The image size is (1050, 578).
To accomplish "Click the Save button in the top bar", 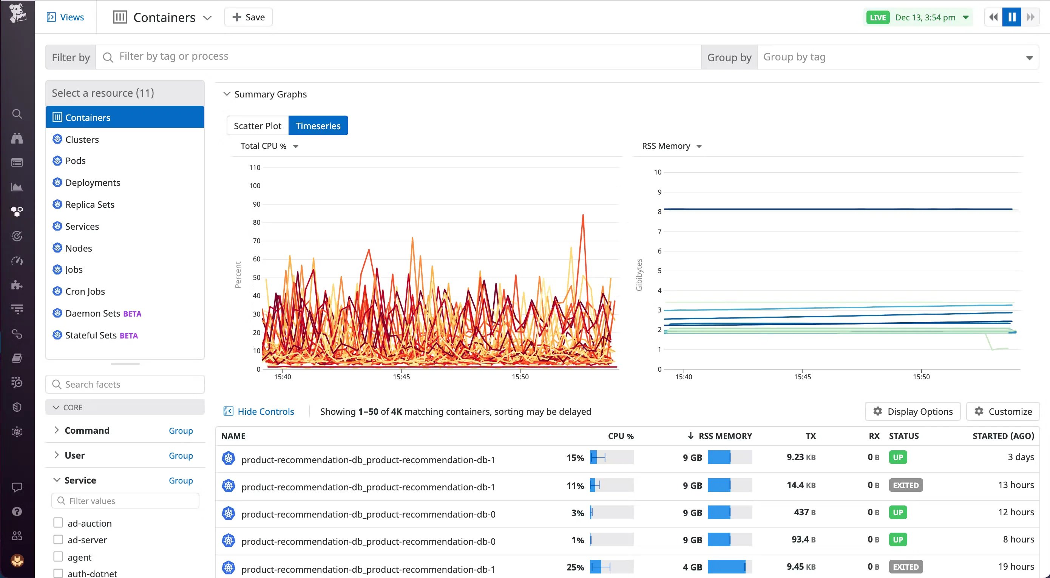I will [248, 17].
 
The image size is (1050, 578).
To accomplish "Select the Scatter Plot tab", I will [257, 125].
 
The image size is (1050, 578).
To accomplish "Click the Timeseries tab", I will [318, 125].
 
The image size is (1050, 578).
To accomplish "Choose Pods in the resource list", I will [76, 161].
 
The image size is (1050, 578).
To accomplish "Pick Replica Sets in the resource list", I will [90, 204].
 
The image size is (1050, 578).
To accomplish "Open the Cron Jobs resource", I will [85, 291].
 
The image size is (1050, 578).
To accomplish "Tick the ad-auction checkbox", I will [58, 522].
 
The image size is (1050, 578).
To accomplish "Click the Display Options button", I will [913, 411].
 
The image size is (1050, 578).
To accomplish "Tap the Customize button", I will [1003, 411].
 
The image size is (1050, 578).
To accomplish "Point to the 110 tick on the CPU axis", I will [255, 167].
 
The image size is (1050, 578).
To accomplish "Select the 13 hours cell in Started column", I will [1016, 485].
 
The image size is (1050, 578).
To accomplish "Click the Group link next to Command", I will [181, 430].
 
